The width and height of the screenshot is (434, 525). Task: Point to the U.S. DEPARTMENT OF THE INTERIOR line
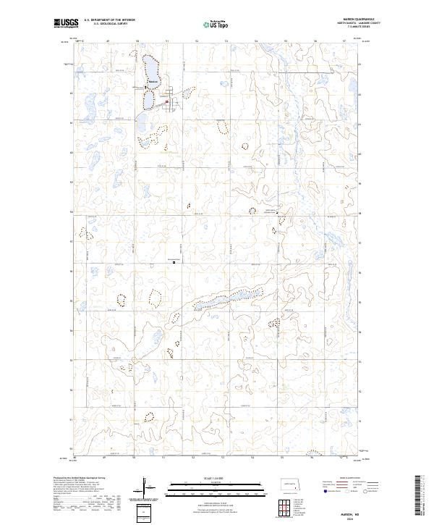click(109, 20)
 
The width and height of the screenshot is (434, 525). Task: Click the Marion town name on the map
click(153, 81)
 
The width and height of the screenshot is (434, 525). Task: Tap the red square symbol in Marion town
click(167, 101)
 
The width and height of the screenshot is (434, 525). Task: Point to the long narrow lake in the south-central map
click(224, 301)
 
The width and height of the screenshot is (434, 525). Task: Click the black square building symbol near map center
click(174, 263)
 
